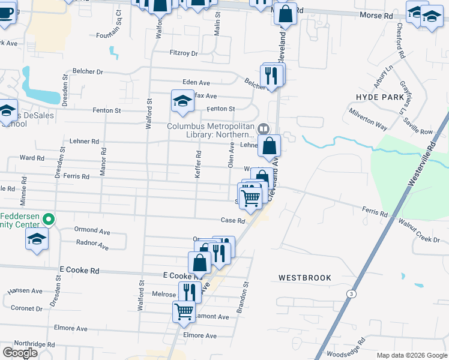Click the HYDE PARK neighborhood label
click(380, 97)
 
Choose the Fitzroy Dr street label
click(184, 53)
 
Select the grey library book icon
click(263, 129)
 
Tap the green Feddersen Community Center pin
click(50, 220)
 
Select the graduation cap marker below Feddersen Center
click(37, 239)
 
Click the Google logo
click(20, 352)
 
